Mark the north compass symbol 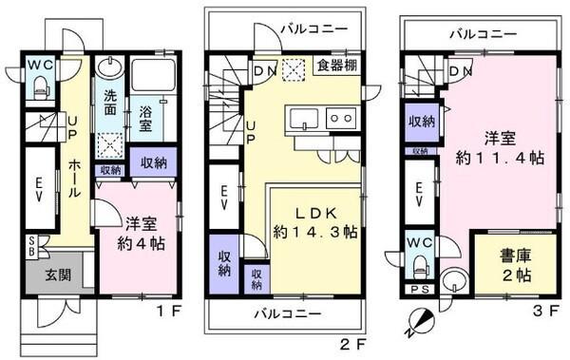(x=420, y=321)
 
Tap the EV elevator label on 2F (x=224, y=197)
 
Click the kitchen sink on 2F (x=304, y=119)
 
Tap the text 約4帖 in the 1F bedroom (x=140, y=243)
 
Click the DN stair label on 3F (x=461, y=70)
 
